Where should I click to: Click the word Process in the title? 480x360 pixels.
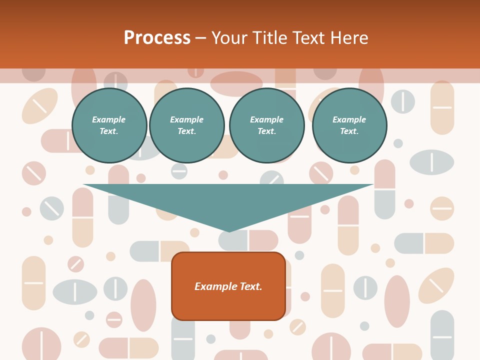click(157, 37)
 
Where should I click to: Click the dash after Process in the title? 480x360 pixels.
click(200, 38)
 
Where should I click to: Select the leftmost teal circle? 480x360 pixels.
click(109, 125)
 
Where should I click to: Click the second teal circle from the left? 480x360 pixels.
click(187, 125)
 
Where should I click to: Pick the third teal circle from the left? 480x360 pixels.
click(267, 125)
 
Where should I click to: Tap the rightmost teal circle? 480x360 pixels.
click(349, 125)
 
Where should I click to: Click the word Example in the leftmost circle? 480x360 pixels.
click(109, 119)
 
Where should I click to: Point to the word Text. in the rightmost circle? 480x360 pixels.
click(349, 131)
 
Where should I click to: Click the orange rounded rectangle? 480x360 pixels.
click(228, 305)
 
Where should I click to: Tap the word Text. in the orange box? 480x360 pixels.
click(250, 286)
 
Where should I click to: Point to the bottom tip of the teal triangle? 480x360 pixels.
click(229, 230)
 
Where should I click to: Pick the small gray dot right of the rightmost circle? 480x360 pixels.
click(398, 143)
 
